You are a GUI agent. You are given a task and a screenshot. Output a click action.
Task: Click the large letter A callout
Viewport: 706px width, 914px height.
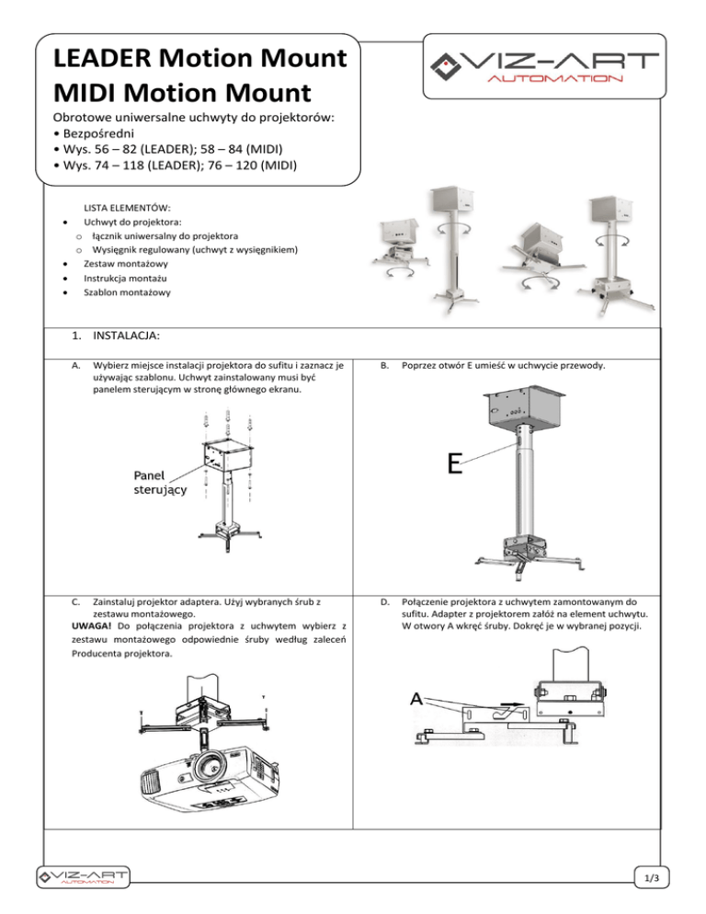click(418, 699)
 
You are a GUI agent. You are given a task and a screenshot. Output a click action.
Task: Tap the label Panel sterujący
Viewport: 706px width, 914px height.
click(153, 483)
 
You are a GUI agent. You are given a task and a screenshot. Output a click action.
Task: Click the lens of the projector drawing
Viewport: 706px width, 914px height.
click(211, 764)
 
